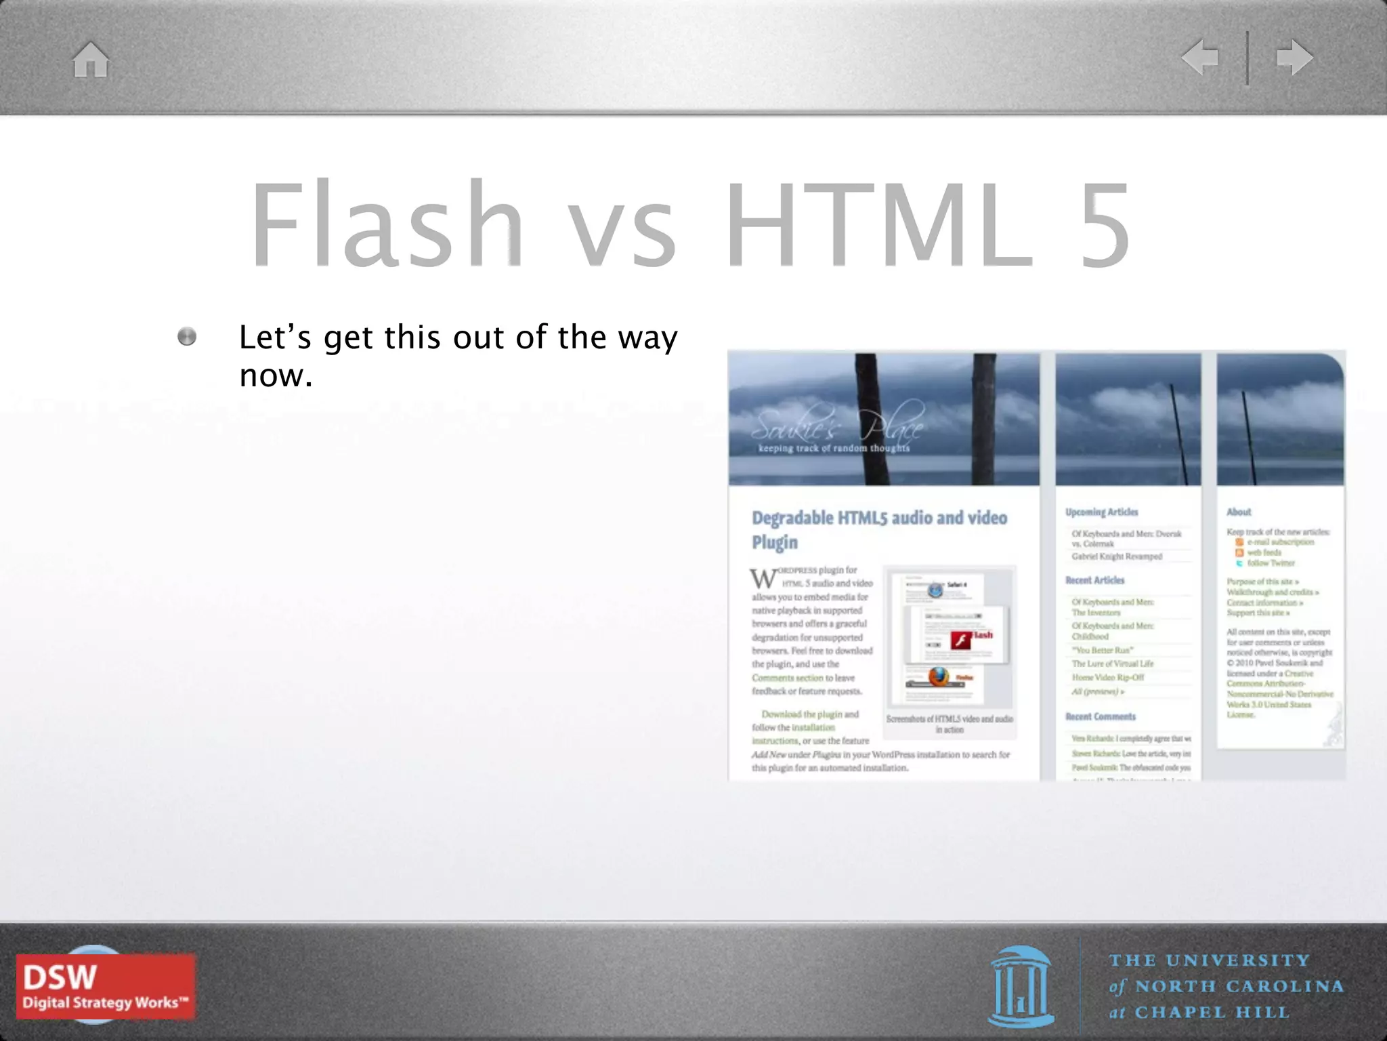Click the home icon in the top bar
91,60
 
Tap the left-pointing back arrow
1200,57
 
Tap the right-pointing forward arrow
1294,57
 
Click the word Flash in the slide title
387,224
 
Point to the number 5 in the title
1105,224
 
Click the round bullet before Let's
187,337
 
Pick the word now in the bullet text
276,375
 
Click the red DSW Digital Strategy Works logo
106,986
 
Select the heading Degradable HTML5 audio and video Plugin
879,529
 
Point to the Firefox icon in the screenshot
939,676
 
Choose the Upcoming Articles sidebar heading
1101,512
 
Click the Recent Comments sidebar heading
1101,716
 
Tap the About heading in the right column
1239,512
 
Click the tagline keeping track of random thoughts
834,448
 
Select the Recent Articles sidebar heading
1094,580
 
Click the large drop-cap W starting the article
763,579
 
